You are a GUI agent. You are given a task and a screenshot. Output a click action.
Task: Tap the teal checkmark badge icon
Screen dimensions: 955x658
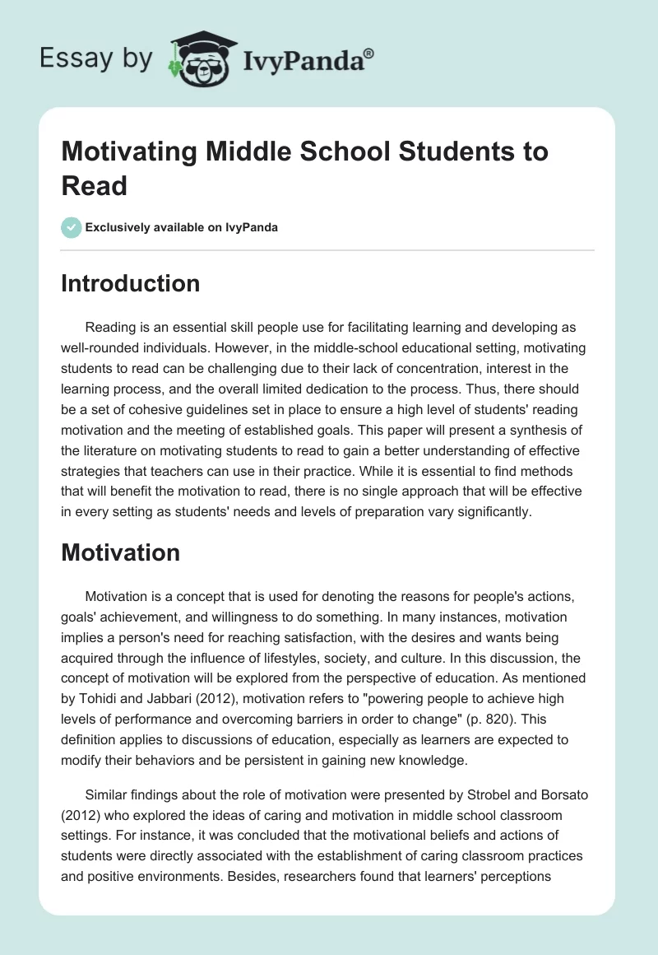click(72, 227)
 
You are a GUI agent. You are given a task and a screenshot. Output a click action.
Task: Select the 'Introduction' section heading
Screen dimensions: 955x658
click(131, 283)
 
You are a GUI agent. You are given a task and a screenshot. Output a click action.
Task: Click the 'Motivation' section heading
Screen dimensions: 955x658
click(120, 552)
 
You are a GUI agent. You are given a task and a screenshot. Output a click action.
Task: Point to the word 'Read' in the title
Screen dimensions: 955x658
click(95, 185)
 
